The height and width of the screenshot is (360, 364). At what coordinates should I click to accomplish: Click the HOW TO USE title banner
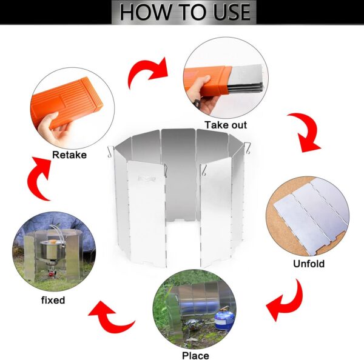184,12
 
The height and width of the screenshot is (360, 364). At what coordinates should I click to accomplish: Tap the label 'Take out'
226,125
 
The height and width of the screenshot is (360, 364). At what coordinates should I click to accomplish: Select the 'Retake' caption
69,155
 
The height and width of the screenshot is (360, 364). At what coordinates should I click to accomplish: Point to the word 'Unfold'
309,264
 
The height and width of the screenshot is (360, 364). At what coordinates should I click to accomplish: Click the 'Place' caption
195,355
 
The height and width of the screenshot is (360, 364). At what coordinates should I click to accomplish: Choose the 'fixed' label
53,300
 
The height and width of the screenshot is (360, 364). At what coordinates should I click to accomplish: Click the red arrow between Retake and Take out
149,71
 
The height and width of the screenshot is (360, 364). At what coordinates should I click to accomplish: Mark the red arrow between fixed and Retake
38,178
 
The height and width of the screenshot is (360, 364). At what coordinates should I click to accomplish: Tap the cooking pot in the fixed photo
52,250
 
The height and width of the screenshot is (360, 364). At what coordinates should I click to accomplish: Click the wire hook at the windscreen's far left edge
110,152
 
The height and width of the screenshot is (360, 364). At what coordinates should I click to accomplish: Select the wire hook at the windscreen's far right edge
248,148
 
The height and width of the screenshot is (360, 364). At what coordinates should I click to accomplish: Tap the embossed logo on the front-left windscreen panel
147,179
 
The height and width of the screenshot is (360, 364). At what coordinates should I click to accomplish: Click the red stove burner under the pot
51,274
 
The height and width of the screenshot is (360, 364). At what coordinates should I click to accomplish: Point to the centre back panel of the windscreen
178,175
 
